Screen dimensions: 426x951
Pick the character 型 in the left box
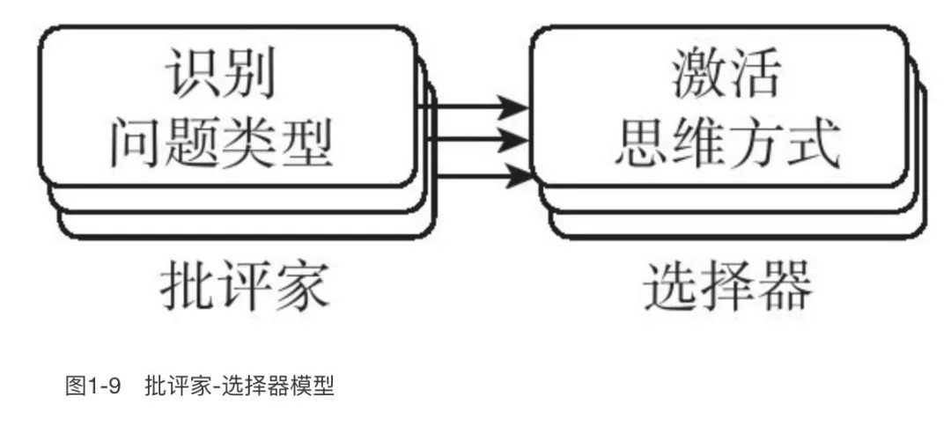pyautogui.click(x=306, y=143)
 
